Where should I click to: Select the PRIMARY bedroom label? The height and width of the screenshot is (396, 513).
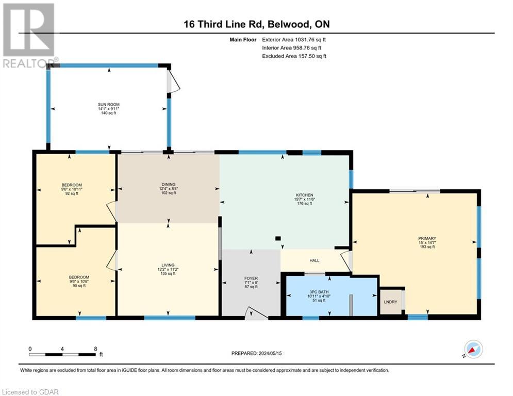(427, 238)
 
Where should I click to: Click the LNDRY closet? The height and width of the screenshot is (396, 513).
(391, 302)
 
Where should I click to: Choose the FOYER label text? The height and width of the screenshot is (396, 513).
(251, 278)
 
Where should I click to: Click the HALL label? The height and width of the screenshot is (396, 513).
(314, 261)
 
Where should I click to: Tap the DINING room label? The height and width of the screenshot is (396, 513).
(169, 184)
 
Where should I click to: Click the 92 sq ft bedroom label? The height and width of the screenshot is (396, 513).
(72, 185)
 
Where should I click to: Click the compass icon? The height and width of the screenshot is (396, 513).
(473, 349)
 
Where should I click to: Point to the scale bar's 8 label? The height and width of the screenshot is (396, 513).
(95, 349)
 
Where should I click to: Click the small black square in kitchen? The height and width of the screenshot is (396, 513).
(278, 238)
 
